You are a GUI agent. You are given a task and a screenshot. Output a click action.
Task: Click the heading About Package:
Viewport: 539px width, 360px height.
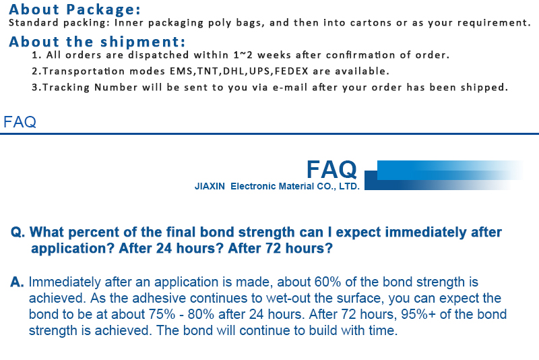75,9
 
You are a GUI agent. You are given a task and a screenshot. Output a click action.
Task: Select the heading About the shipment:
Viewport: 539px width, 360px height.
97,42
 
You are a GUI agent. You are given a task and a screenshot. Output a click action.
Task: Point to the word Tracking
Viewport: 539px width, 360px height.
66,88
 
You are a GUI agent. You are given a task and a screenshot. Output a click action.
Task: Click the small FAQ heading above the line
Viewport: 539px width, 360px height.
20,122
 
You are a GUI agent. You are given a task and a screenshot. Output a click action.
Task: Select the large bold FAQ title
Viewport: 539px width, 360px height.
331,169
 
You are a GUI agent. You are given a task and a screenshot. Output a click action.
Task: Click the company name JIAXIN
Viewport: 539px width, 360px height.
210,186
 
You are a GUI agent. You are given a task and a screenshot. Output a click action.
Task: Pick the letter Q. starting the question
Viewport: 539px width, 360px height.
18,233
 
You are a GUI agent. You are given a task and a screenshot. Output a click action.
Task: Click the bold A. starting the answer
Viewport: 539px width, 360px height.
18,282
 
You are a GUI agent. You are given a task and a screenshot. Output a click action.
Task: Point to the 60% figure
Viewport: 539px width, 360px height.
327,282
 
